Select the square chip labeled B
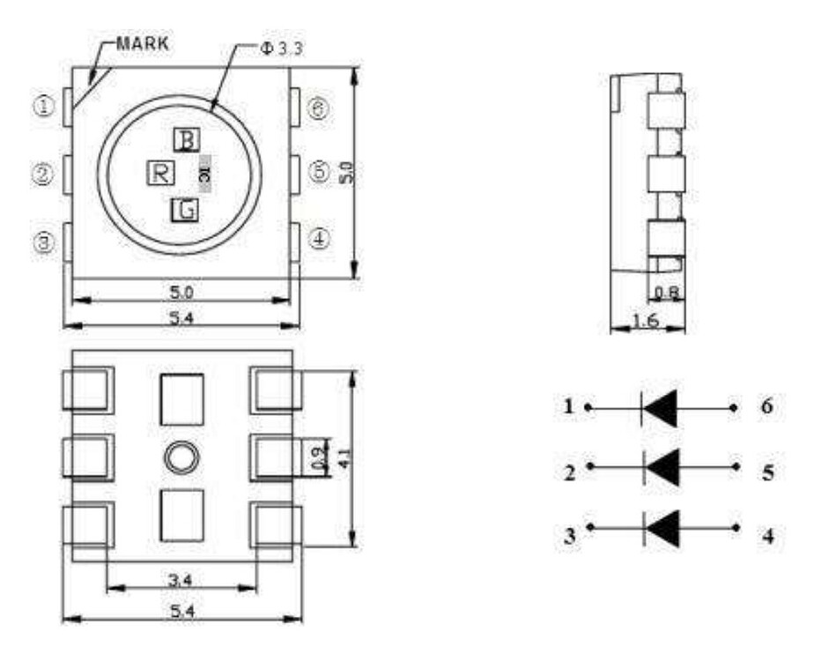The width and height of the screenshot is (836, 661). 187,139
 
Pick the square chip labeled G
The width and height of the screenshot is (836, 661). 184,210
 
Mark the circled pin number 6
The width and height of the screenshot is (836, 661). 320,108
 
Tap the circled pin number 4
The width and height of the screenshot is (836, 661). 320,240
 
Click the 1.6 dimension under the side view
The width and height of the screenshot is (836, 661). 647,323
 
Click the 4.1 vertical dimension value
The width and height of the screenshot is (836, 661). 351,458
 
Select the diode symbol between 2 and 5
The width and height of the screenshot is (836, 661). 662,466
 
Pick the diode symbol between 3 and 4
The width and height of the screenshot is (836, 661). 662,528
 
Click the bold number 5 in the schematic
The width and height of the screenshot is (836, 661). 767,473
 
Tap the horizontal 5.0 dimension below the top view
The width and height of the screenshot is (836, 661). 181,291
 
